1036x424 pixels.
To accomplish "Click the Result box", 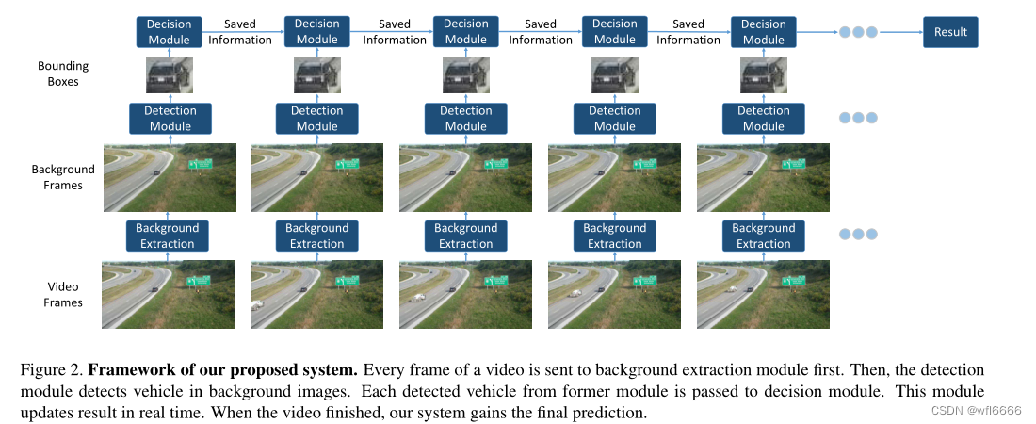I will click(950, 32).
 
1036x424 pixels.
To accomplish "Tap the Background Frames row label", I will click(63, 177).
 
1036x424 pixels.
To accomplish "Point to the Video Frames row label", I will click(63, 294).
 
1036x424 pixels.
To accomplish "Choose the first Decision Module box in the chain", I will click(169, 32).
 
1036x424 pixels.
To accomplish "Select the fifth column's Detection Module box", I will click(763, 119).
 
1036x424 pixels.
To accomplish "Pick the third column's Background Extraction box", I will click(465, 236).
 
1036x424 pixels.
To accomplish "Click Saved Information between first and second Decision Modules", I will click(240, 32).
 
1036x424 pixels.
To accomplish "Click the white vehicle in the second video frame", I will click(257, 304).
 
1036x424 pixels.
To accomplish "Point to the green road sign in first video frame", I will click(199, 281).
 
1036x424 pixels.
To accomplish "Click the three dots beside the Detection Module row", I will click(857, 119).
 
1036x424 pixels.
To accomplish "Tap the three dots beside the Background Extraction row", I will click(857, 235).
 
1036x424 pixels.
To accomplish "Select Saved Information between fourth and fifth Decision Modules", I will click(688, 32).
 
